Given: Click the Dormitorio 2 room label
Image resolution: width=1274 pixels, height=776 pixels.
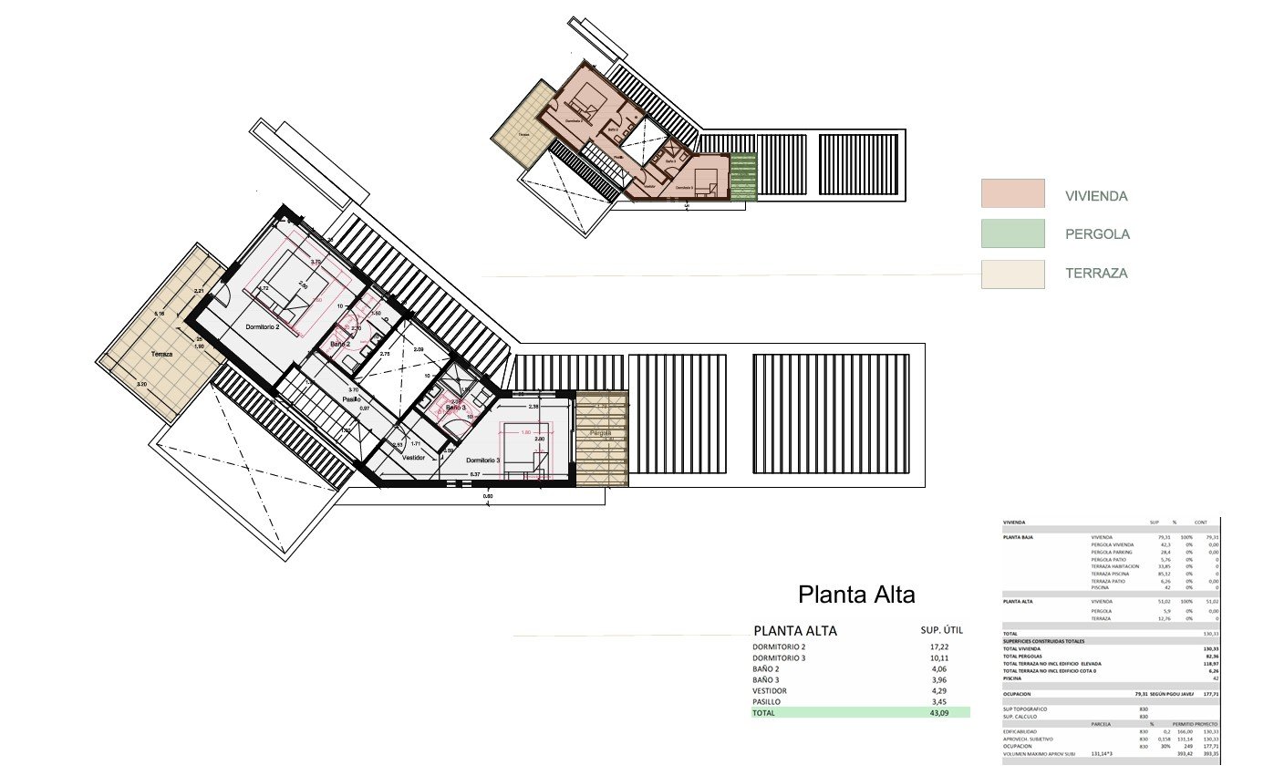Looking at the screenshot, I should click(x=262, y=326).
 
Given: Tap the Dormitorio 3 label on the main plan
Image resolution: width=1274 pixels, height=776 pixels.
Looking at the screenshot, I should click(x=483, y=460).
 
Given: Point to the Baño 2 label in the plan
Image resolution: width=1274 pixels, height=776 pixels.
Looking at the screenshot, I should click(x=340, y=344).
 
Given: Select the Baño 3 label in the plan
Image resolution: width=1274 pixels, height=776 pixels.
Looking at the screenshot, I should click(x=456, y=408).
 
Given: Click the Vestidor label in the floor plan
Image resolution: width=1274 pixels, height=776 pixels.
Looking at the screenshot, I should click(x=414, y=457).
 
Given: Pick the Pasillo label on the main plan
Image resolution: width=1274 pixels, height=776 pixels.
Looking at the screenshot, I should click(x=351, y=398).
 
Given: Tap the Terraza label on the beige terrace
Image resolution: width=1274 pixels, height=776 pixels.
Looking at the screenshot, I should click(x=161, y=354).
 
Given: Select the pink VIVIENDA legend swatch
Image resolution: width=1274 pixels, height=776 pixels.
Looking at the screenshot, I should click(x=1012, y=193).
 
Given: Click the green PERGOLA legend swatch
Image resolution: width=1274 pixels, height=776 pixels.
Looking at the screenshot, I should click(x=1012, y=233).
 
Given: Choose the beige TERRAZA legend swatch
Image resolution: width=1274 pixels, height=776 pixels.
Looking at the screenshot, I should click(x=1012, y=274).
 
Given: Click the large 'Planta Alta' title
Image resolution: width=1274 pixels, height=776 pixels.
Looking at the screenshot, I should click(x=856, y=595).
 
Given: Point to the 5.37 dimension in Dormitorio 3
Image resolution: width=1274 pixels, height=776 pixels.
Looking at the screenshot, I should click(x=474, y=475).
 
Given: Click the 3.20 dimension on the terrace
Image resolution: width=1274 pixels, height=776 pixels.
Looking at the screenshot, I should click(x=141, y=385).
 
